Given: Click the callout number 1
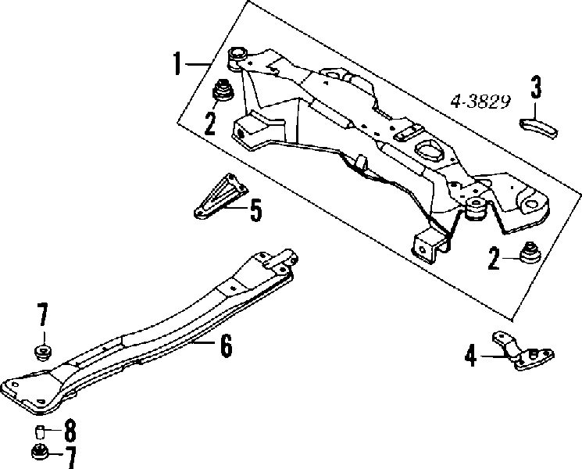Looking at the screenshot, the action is click(x=178, y=63).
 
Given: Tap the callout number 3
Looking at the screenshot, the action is click(x=536, y=88).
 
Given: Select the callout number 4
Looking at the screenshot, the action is click(x=470, y=356).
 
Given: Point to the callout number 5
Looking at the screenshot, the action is click(x=255, y=209).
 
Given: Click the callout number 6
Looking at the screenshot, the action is click(x=226, y=345).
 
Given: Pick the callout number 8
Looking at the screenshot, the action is click(x=70, y=431).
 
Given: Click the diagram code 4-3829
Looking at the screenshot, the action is click(x=480, y=102).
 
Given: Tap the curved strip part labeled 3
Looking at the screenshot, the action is click(x=538, y=128).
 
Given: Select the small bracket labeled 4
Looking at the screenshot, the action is click(x=523, y=351).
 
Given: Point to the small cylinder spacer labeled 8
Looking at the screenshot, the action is click(x=40, y=431).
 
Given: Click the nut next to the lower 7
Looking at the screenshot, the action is click(x=40, y=452).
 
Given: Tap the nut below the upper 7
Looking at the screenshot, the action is click(x=43, y=351).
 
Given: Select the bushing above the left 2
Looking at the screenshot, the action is click(x=223, y=90).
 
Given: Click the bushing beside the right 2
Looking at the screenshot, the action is click(x=530, y=253).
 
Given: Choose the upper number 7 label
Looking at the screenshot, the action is click(x=42, y=314).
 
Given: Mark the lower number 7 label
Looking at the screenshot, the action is click(x=70, y=457).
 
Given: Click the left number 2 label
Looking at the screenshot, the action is click(x=210, y=124).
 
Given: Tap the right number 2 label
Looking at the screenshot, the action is click(x=494, y=259).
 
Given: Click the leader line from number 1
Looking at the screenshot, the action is click(x=198, y=64).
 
